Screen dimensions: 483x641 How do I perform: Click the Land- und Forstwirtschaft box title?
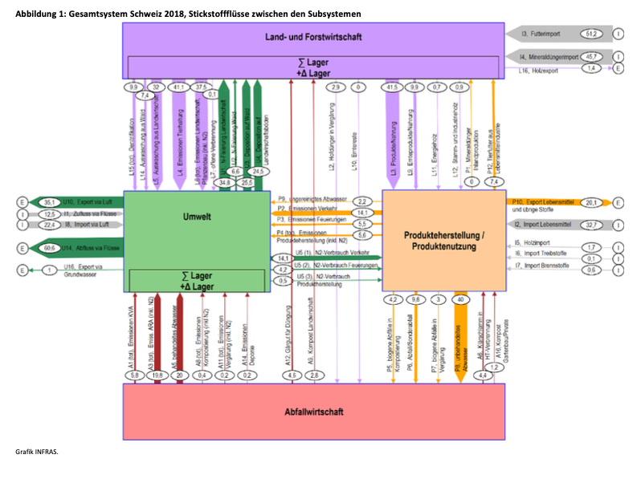tap(313, 37)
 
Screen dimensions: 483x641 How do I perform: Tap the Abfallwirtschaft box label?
tap(313, 412)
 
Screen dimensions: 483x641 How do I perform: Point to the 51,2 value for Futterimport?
tap(594, 34)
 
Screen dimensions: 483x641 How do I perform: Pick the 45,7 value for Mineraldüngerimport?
tap(594, 56)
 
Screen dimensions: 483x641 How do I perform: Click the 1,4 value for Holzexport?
tap(594, 69)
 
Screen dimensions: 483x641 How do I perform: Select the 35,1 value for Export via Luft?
tap(49, 202)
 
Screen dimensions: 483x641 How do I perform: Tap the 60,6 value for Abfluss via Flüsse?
tap(49, 249)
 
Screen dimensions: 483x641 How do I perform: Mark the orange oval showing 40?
tap(460, 299)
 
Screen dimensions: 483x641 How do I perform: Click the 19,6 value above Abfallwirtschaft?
tap(157, 375)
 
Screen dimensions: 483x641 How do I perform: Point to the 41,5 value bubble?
tap(392, 87)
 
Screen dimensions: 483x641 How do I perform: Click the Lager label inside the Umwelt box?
tap(197, 281)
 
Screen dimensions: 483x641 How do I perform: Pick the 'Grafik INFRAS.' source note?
tap(36, 452)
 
